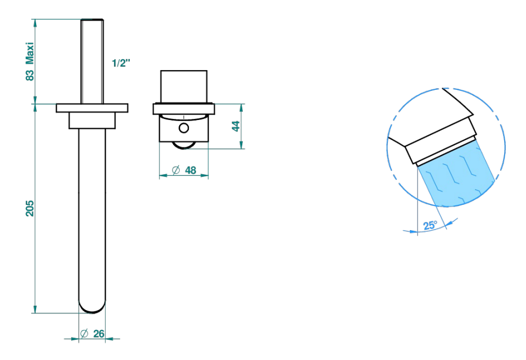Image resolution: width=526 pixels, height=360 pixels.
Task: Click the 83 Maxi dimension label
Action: tap(30, 61)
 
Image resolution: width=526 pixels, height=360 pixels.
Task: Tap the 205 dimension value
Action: tap(30, 208)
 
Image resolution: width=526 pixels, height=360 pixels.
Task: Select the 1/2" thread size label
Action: tap(121, 63)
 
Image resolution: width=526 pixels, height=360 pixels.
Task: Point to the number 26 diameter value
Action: tap(99, 334)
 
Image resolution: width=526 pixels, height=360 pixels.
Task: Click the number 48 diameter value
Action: tap(191, 170)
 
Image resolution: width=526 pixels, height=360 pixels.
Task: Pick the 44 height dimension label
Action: tap(236, 127)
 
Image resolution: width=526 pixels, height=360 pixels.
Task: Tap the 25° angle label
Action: tap(430, 225)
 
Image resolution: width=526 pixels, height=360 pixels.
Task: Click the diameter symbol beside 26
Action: tap(84, 334)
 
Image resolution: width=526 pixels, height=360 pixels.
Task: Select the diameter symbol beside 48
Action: tap(176, 170)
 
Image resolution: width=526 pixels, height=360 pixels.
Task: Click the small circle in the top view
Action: tap(184, 128)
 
